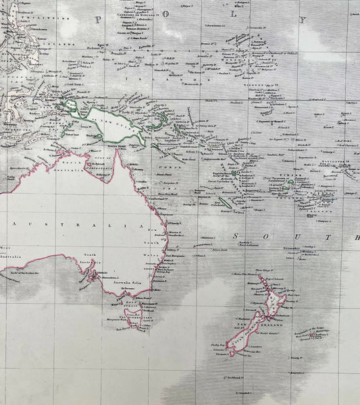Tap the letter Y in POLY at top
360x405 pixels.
pyautogui.click(x=303, y=20)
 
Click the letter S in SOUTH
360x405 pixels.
pyautogui.click(x=236, y=236)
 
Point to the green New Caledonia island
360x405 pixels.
pyautogui.click(x=226, y=201)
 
